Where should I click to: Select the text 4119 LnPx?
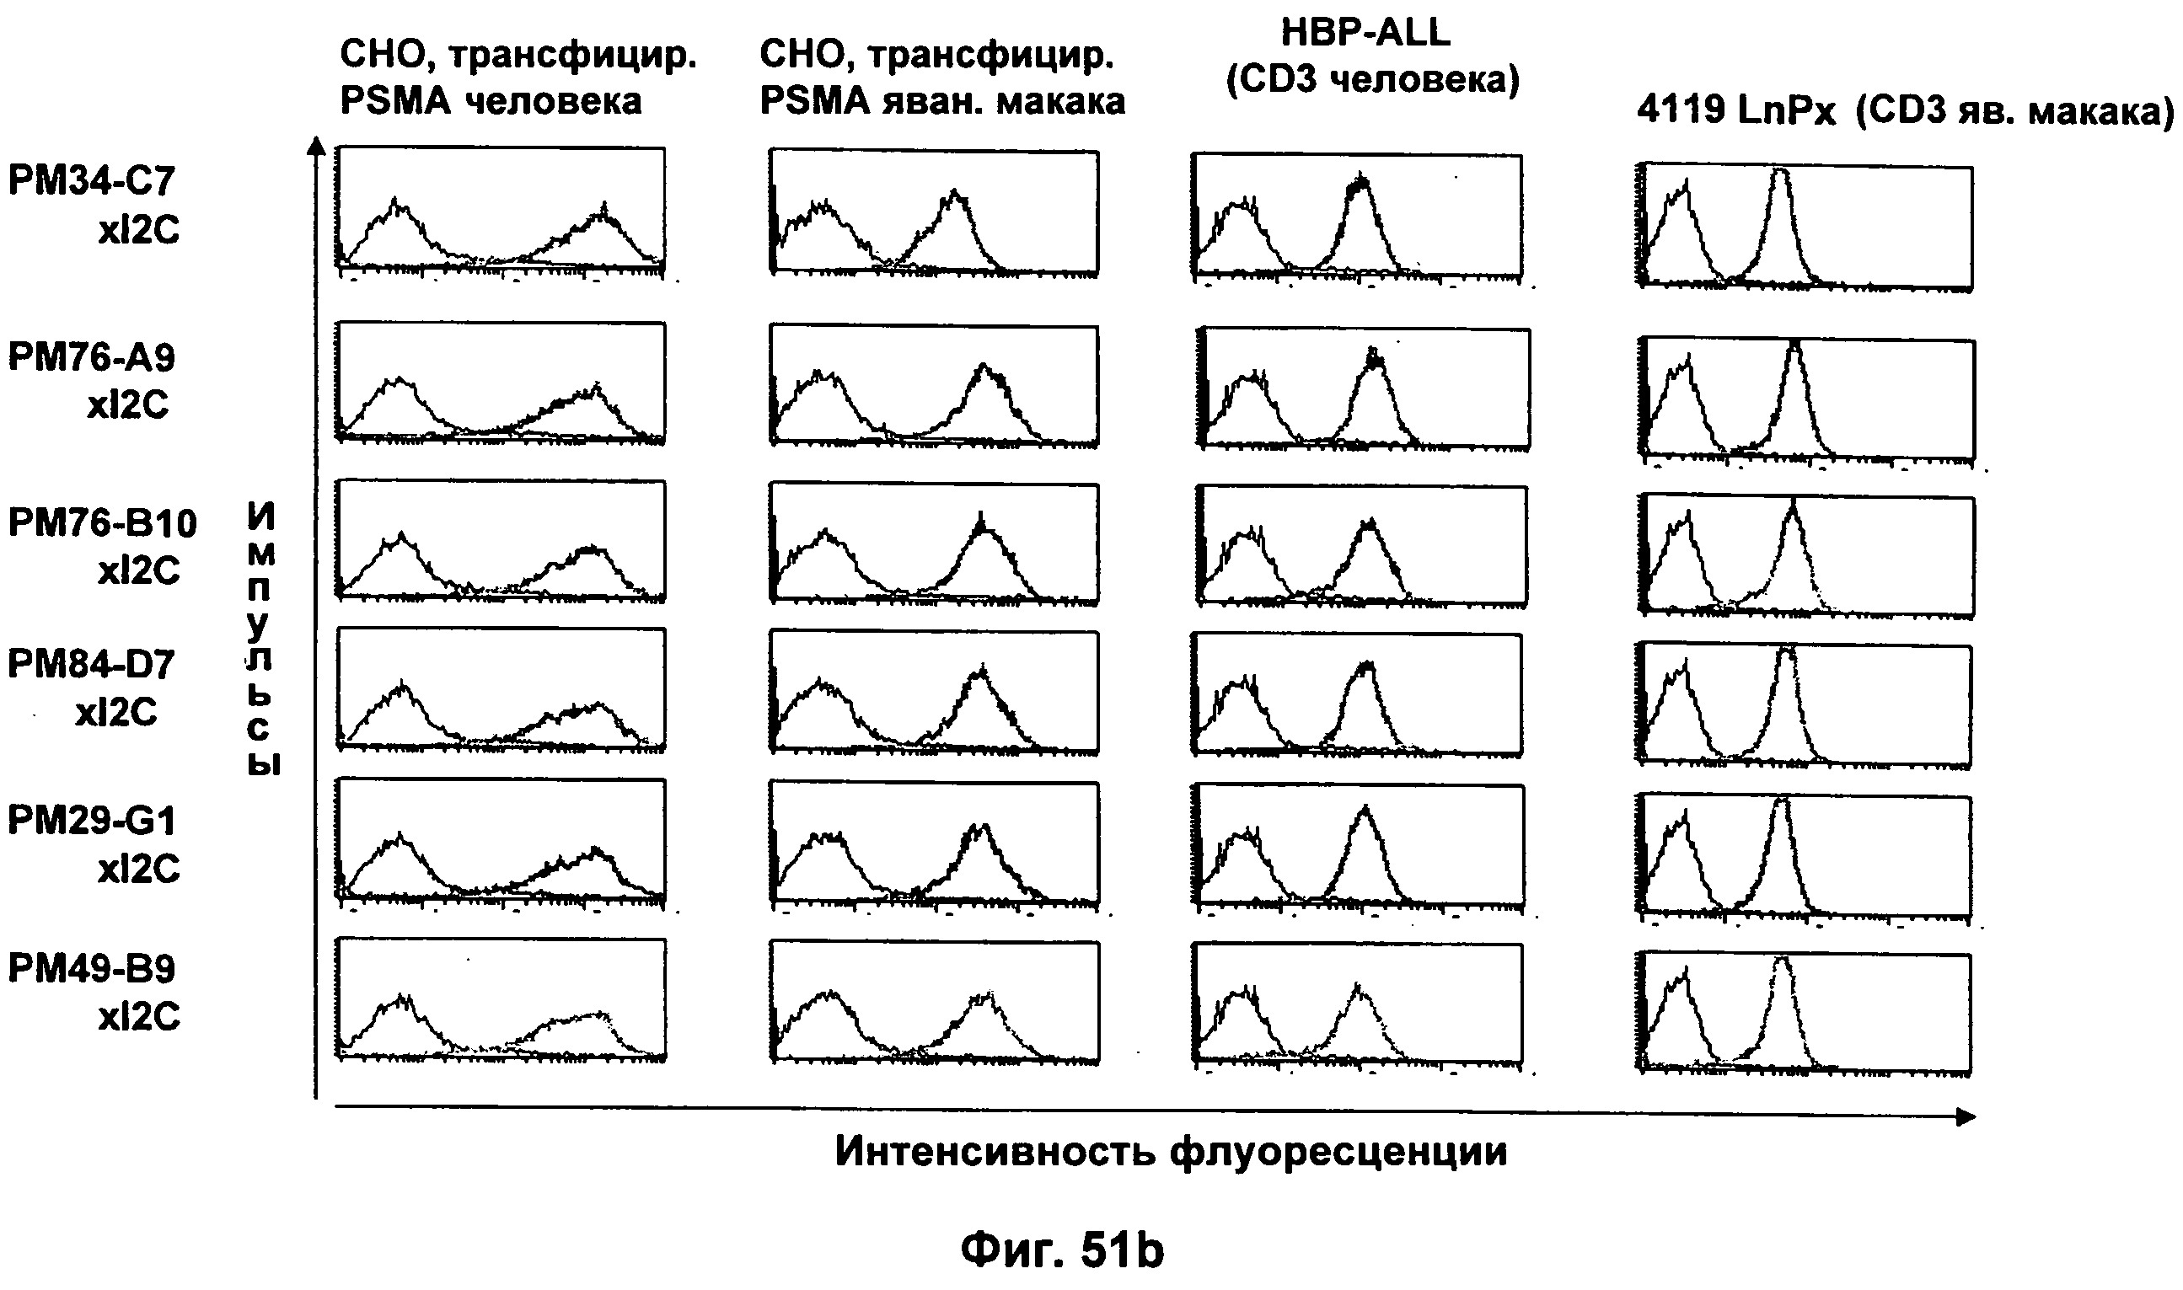(1735, 110)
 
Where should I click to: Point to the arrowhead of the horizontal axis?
(1966, 1117)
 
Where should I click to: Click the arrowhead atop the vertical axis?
(319, 146)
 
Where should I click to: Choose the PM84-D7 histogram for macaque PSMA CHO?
(934, 692)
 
